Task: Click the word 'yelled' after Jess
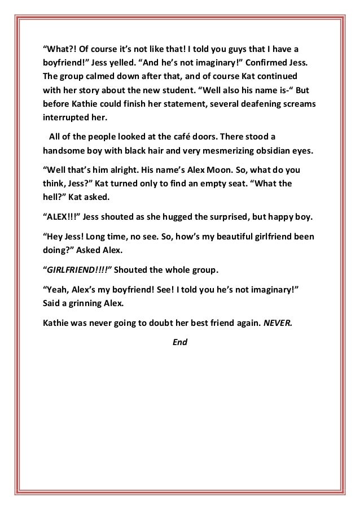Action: pos(132,60)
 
